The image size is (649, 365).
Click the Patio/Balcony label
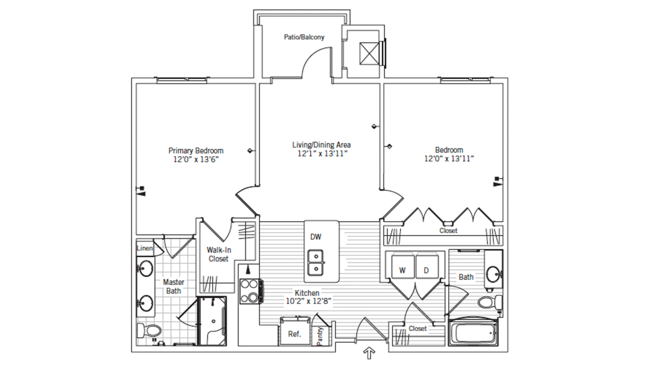[304, 37]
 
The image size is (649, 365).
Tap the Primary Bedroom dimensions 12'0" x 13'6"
[196, 160]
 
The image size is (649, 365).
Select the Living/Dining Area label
[321, 145]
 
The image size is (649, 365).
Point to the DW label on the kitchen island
[316, 237]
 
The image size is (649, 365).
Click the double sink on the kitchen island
[316, 263]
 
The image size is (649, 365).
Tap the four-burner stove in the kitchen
[250, 291]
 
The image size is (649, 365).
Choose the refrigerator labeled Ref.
[294, 332]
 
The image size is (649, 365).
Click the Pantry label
[320, 336]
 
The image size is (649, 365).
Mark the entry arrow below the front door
[369, 353]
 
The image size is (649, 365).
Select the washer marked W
[403, 267]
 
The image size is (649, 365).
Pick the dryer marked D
[427, 267]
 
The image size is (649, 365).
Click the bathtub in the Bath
[473, 333]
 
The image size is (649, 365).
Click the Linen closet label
[145, 248]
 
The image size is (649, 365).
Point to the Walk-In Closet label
[219, 254]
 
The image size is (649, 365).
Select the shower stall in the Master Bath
[212, 321]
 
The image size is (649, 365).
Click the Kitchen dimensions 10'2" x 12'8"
[308, 301]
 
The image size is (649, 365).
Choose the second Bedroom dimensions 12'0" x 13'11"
[449, 159]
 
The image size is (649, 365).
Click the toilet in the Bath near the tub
[490, 302]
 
